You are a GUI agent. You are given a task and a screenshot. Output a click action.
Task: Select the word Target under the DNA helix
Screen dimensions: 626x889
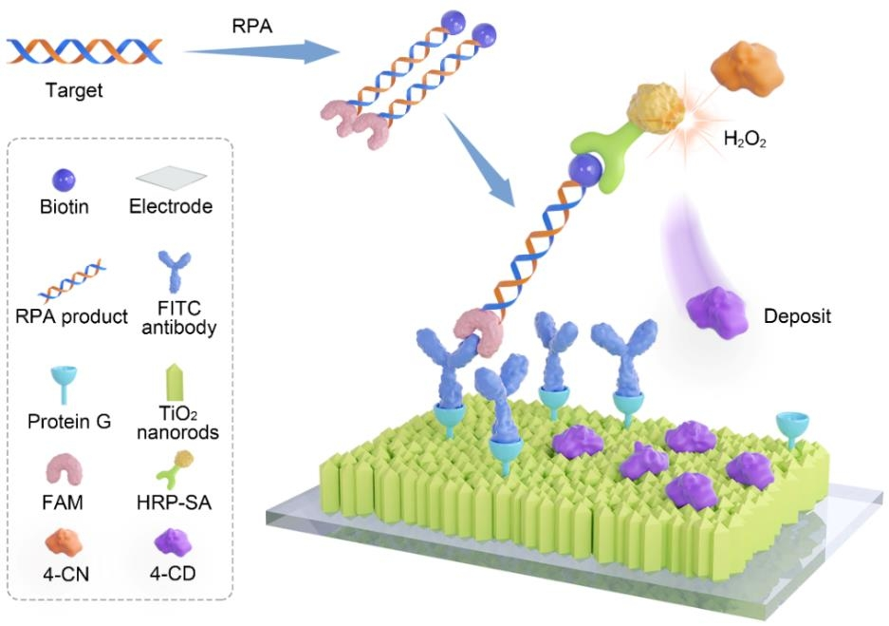tap(73, 92)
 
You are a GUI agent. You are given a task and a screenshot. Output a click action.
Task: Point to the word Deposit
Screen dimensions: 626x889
tap(798, 315)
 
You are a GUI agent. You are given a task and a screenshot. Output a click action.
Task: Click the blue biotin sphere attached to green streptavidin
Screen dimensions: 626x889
tap(586, 171)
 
